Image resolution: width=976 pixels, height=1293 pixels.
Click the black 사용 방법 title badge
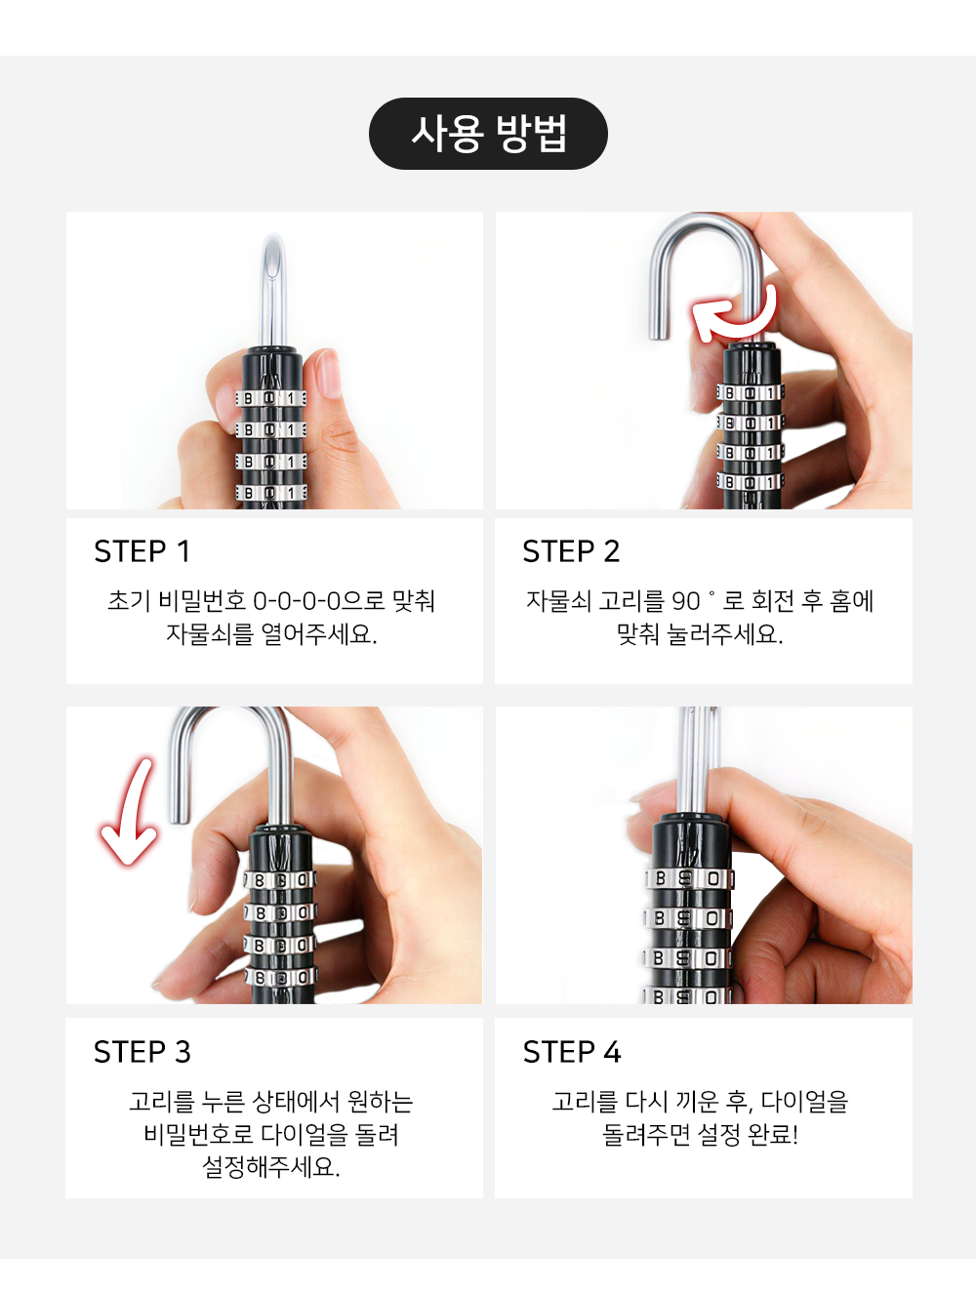click(x=488, y=134)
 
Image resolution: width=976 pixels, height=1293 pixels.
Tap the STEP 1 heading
click(x=142, y=551)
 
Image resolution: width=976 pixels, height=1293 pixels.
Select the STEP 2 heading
click(x=571, y=551)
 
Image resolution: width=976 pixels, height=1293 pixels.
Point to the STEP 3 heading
click(x=142, y=1052)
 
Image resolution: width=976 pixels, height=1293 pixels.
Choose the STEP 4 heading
click(x=571, y=1052)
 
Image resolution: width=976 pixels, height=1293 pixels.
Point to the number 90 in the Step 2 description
click(x=685, y=601)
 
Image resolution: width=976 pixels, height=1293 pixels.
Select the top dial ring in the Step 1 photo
click(x=270, y=398)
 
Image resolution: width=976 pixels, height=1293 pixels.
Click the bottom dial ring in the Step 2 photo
click(x=750, y=482)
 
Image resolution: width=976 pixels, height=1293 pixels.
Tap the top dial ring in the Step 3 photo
click(x=280, y=880)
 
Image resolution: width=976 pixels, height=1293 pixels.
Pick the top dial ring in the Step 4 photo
click(x=688, y=878)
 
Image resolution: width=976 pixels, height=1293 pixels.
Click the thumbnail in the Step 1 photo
click(x=329, y=373)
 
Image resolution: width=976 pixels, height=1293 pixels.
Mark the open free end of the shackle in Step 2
click(x=659, y=335)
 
